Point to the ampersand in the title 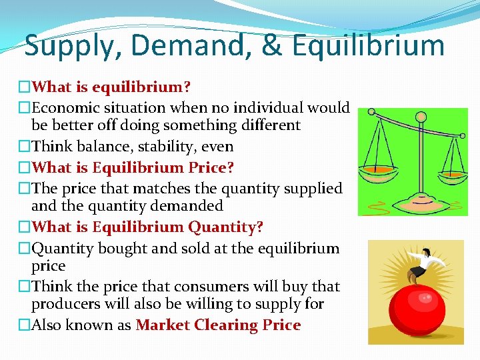click(270, 46)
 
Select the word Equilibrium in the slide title click(368, 46)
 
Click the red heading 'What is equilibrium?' click(111, 87)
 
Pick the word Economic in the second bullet click(63, 107)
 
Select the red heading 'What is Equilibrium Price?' click(133, 167)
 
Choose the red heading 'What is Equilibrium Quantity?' click(147, 227)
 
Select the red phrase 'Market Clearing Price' click(218, 325)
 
